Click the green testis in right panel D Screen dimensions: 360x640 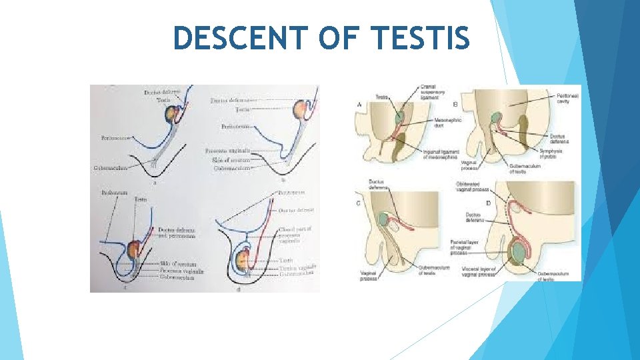point(517,253)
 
